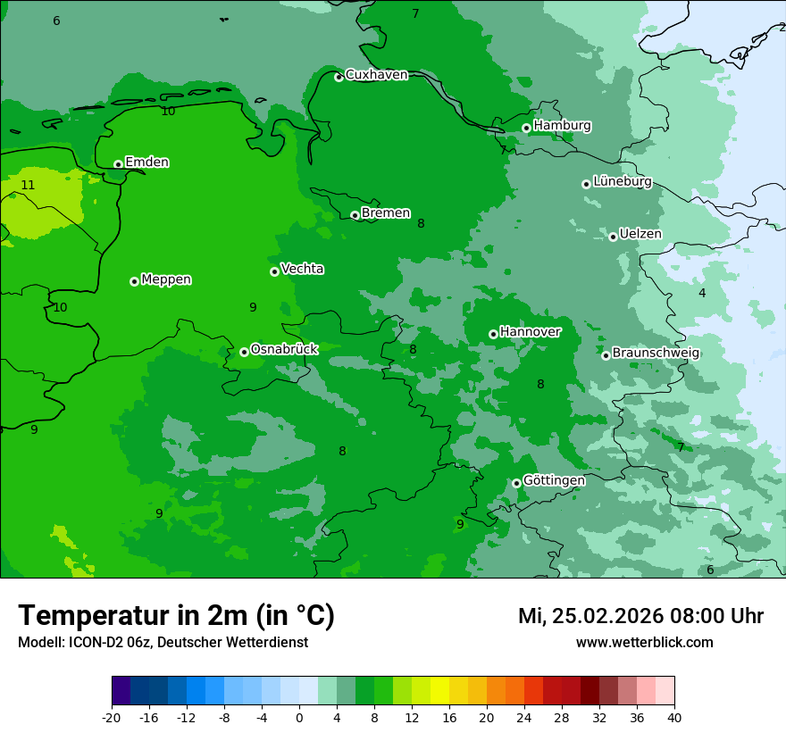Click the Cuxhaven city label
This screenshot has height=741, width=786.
(376, 75)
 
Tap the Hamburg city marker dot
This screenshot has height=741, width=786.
(526, 128)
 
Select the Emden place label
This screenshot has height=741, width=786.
(146, 162)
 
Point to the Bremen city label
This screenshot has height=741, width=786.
(386, 213)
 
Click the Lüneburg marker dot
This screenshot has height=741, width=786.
(586, 184)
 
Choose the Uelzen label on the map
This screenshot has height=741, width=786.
(640, 235)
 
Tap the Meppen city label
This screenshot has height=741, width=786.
(166, 279)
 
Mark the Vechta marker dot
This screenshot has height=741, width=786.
(274, 271)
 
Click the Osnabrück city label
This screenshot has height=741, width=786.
(284, 350)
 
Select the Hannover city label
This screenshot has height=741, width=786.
(530, 332)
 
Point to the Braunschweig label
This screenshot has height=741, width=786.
(656, 354)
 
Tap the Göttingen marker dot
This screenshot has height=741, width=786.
(516, 483)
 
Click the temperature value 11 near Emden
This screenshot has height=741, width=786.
(28, 186)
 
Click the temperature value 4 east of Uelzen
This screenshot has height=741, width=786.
(702, 294)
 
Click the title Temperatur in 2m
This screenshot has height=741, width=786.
(176, 615)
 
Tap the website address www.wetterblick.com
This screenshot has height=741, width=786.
(644, 643)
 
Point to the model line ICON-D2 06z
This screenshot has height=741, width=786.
(163, 643)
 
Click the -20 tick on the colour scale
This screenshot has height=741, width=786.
(112, 718)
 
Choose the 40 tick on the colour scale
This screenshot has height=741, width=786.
(674, 718)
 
